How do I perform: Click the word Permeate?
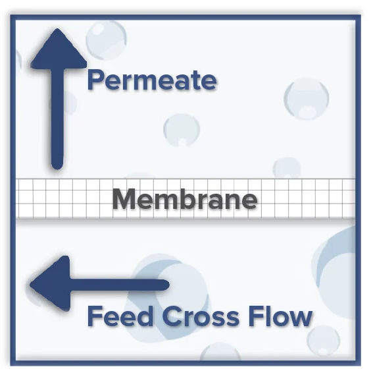[x=152, y=80]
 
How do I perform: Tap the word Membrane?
[x=185, y=199]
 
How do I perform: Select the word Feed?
[x=120, y=316]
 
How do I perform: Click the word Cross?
[x=201, y=316]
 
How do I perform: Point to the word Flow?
[x=280, y=316]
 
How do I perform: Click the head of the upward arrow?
[x=59, y=49]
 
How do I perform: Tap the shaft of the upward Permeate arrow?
[x=57, y=119]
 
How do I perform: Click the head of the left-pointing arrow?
[x=50, y=284]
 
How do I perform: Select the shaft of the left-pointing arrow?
[x=120, y=285]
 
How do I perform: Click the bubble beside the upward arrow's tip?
[x=106, y=40]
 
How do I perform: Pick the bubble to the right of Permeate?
[x=306, y=98]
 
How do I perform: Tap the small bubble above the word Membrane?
[x=182, y=130]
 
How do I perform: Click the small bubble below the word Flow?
[x=324, y=341]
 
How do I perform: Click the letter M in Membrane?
[x=125, y=199]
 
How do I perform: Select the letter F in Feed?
[x=95, y=316]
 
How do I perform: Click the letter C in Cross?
[x=172, y=316]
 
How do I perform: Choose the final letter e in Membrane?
[x=249, y=202]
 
